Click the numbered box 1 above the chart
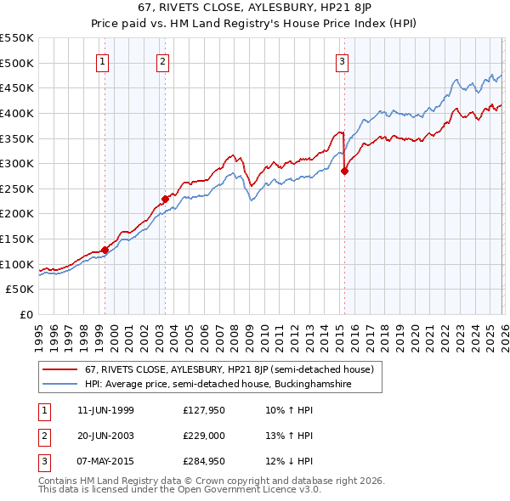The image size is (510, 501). click(x=102, y=60)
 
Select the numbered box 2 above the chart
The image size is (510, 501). click(x=161, y=60)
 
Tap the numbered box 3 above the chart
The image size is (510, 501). click(x=342, y=60)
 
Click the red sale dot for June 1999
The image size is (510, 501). click(x=105, y=250)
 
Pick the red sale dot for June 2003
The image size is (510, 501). click(x=165, y=200)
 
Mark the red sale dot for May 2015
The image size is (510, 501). click(x=344, y=171)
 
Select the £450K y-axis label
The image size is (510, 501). click(x=18, y=87)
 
